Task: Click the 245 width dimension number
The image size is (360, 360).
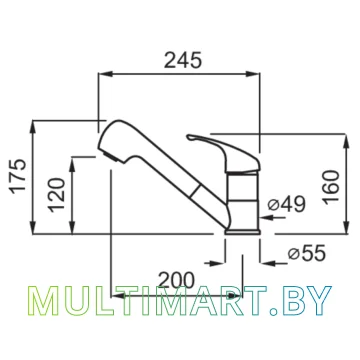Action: click(183, 60)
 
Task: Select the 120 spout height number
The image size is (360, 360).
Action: click(57, 195)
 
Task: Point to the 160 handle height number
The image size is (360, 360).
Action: click(331, 186)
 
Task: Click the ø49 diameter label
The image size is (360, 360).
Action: click(287, 204)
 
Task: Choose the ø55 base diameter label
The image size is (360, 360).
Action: click(306, 254)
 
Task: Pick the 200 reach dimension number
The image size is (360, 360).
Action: click(176, 280)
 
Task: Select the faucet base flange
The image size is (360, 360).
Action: click(242, 232)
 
